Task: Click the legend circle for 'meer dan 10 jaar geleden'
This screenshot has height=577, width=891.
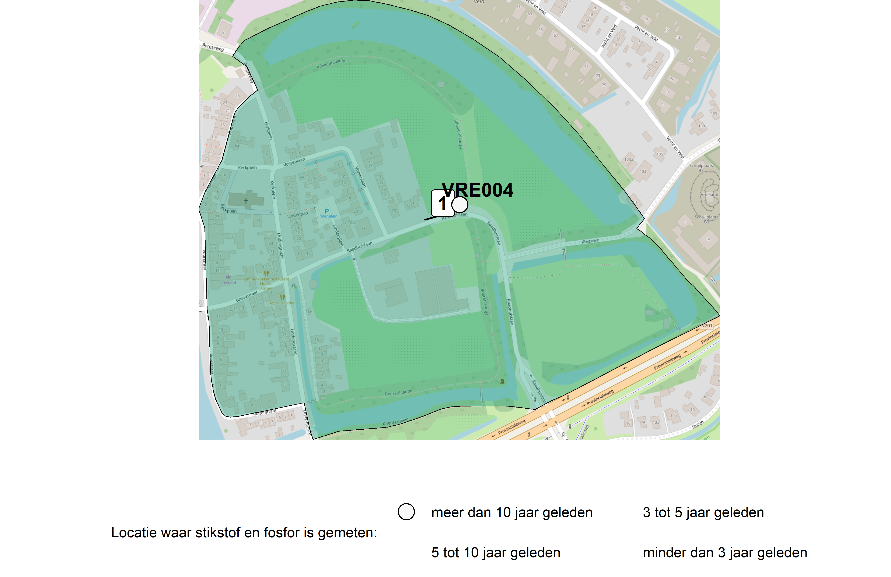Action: click(x=406, y=512)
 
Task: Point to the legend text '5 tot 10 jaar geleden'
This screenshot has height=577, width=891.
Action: click(x=495, y=553)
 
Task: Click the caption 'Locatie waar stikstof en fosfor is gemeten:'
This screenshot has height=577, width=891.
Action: click(x=244, y=532)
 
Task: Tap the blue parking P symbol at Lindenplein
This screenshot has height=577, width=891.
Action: click(x=327, y=211)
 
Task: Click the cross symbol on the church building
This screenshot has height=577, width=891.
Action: click(x=246, y=201)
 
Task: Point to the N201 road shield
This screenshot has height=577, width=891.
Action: click(x=706, y=326)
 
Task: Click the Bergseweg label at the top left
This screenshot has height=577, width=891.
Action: click(x=213, y=47)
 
